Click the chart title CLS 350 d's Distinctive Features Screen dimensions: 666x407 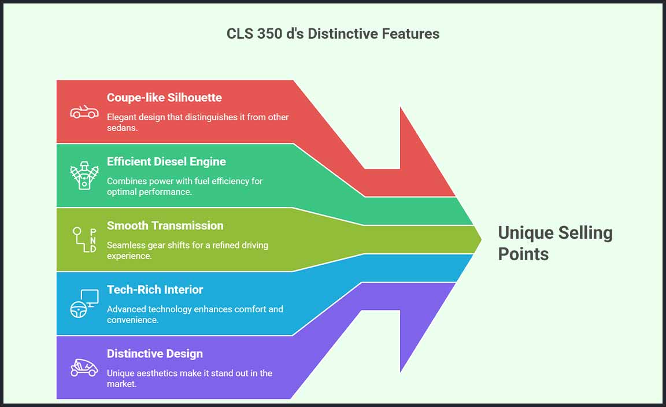(333, 34)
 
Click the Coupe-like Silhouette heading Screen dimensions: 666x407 (164, 98)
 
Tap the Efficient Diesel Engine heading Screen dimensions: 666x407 (166, 161)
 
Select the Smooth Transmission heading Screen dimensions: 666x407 (165, 225)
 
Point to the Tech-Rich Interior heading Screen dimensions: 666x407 (154, 290)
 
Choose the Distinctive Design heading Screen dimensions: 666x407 (154, 353)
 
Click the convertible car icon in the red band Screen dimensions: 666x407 (84, 112)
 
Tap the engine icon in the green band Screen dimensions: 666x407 (84, 175)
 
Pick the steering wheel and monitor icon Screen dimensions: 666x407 (84, 304)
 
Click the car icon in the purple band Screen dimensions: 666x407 (84, 368)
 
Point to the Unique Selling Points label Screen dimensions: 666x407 (555, 243)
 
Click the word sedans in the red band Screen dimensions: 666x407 (122, 128)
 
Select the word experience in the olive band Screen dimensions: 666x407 (129, 256)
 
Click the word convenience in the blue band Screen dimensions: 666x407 (132, 320)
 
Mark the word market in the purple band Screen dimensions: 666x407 (121, 384)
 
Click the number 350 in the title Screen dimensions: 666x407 (269, 34)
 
